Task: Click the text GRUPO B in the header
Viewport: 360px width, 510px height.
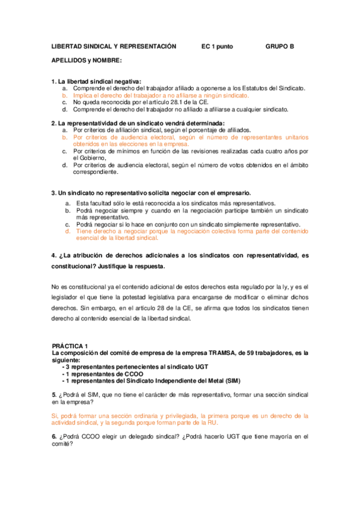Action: coord(279,46)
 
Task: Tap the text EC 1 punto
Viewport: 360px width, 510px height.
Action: coord(218,46)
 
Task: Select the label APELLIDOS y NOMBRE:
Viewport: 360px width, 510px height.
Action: coord(87,61)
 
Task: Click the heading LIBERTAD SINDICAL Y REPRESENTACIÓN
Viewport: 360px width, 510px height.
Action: coord(114,46)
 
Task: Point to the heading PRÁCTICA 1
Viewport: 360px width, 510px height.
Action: coord(70,346)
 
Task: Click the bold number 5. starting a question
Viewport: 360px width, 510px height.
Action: coord(54,395)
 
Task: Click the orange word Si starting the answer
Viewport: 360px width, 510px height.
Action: coord(55,416)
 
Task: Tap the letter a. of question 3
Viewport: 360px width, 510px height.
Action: coord(68,203)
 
